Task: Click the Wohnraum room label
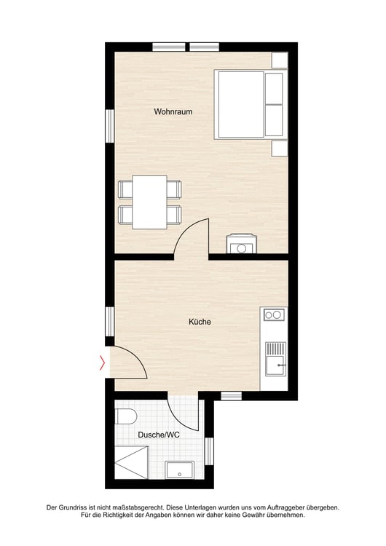[173, 112]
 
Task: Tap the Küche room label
[200, 321]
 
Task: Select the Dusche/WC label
[159, 435]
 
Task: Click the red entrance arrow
[102, 363]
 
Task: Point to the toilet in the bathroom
[125, 416]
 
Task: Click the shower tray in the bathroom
[132, 462]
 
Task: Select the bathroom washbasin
[179, 470]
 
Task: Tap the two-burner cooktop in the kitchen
[274, 314]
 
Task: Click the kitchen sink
[275, 359]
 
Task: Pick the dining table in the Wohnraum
[149, 202]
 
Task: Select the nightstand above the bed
[280, 60]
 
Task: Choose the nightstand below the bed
[280, 149]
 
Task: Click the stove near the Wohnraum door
[242, 243]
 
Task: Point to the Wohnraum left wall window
[110, 126]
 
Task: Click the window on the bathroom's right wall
[209, 451]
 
